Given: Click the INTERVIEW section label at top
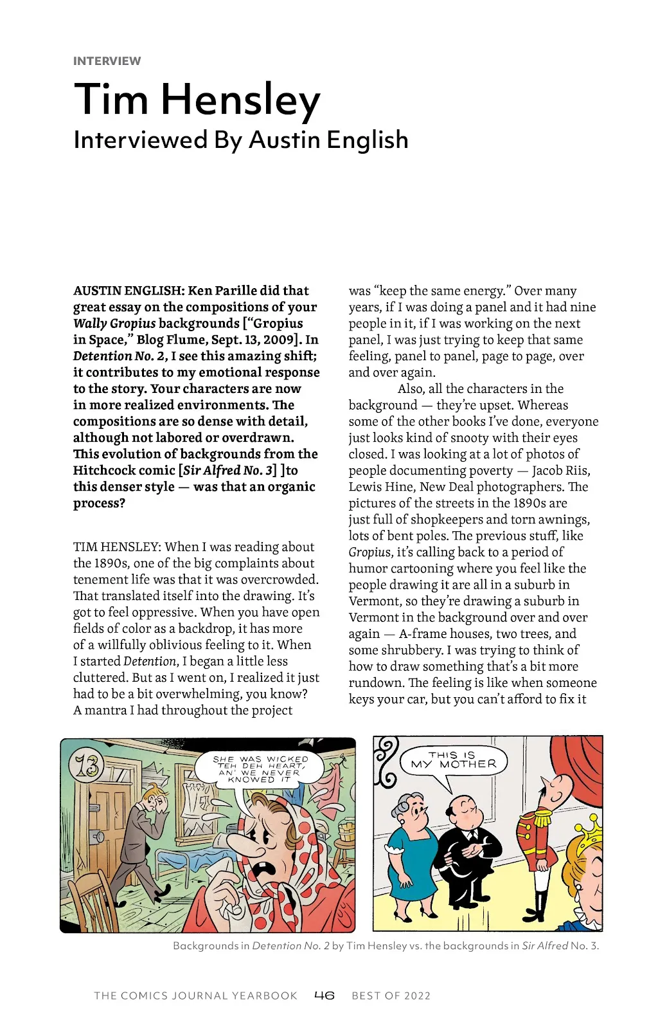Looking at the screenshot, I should click(x=107, y=61).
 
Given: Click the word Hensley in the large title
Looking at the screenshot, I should click(x=240, y=100).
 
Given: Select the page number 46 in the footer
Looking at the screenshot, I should click(x=324, y=996).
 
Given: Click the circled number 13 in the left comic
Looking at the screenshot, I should click(x=87, y=765).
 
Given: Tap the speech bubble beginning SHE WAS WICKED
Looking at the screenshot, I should click(x=260, y=769).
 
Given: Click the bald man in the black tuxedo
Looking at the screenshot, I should click(x=464, y=849).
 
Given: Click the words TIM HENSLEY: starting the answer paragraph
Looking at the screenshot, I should click(x=116, y=547).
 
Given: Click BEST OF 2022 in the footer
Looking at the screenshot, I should click(x=391, y=996).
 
